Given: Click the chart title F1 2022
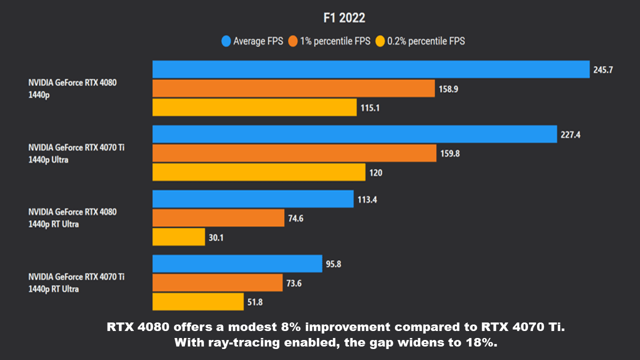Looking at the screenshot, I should click(344, 18).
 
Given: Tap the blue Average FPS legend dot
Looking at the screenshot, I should click(226, 41).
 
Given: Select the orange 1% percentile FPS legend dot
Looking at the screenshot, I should click(292, 41).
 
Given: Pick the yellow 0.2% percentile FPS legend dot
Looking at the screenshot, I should click(380, 41).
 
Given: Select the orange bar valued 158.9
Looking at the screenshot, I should click(293, 88).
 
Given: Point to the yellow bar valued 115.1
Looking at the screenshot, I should click(254, 107).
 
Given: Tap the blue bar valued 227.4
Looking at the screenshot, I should click(354, 134).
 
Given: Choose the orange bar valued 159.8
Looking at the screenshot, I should click(294, 153).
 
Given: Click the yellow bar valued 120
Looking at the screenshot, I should click(259, 172).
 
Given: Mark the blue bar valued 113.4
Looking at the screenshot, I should click(253, 199).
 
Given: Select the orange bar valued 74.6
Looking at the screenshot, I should click(218, 218).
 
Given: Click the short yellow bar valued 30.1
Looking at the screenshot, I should click(178, 237).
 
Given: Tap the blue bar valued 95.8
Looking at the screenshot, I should click(237, 263).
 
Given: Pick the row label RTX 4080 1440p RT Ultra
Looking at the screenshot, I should click(72, 218).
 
